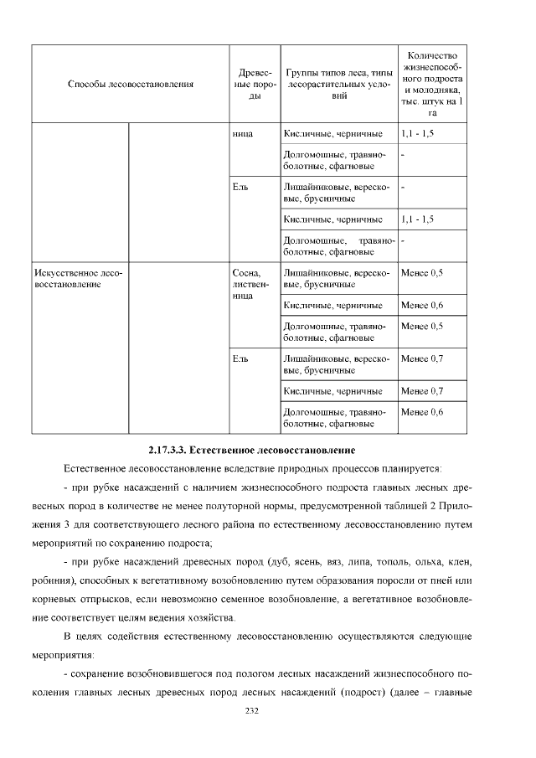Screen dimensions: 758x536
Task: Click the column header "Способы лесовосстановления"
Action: [130, 84]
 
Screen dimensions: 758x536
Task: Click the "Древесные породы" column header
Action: [250, 84]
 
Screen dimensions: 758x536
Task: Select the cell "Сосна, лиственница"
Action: [250, 284]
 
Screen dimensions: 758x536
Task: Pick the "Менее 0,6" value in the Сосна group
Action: [422, 304]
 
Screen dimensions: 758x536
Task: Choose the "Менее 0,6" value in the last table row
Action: [422, 412]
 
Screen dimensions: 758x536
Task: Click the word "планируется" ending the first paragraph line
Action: [413, 467]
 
